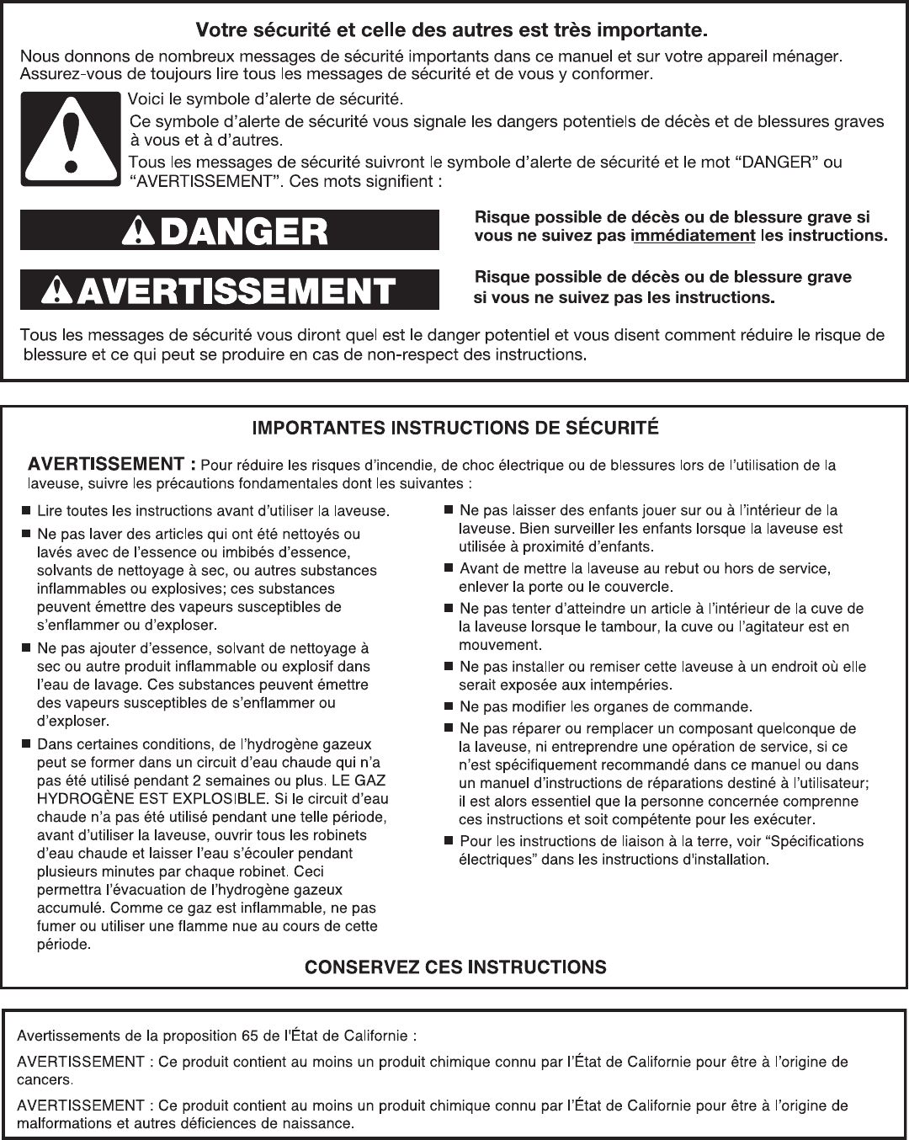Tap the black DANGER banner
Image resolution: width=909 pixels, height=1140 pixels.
[x=230, y=230]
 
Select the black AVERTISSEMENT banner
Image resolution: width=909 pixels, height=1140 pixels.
[x=230, y=290]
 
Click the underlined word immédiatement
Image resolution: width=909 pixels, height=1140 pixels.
[x=693, y=236]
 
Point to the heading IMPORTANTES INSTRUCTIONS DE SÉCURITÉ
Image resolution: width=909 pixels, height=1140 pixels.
[x=455, y=427]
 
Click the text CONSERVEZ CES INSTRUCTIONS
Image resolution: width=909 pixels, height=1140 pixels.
[x=455, y=967]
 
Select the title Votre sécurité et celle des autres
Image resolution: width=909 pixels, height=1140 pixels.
[x=451, y=32]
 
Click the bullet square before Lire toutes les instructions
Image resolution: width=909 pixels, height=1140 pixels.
[x=27, y=510]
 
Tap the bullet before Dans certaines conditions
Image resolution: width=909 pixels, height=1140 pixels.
[x=27, y=744]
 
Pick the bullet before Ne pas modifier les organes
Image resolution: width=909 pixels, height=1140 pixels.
[x=449, y=706]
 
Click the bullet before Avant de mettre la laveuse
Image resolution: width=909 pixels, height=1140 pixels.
[x=449, y=568]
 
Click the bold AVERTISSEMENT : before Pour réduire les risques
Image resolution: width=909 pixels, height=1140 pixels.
[x=113, y=464]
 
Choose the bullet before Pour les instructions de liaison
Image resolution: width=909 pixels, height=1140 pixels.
[x=449, y=841]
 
